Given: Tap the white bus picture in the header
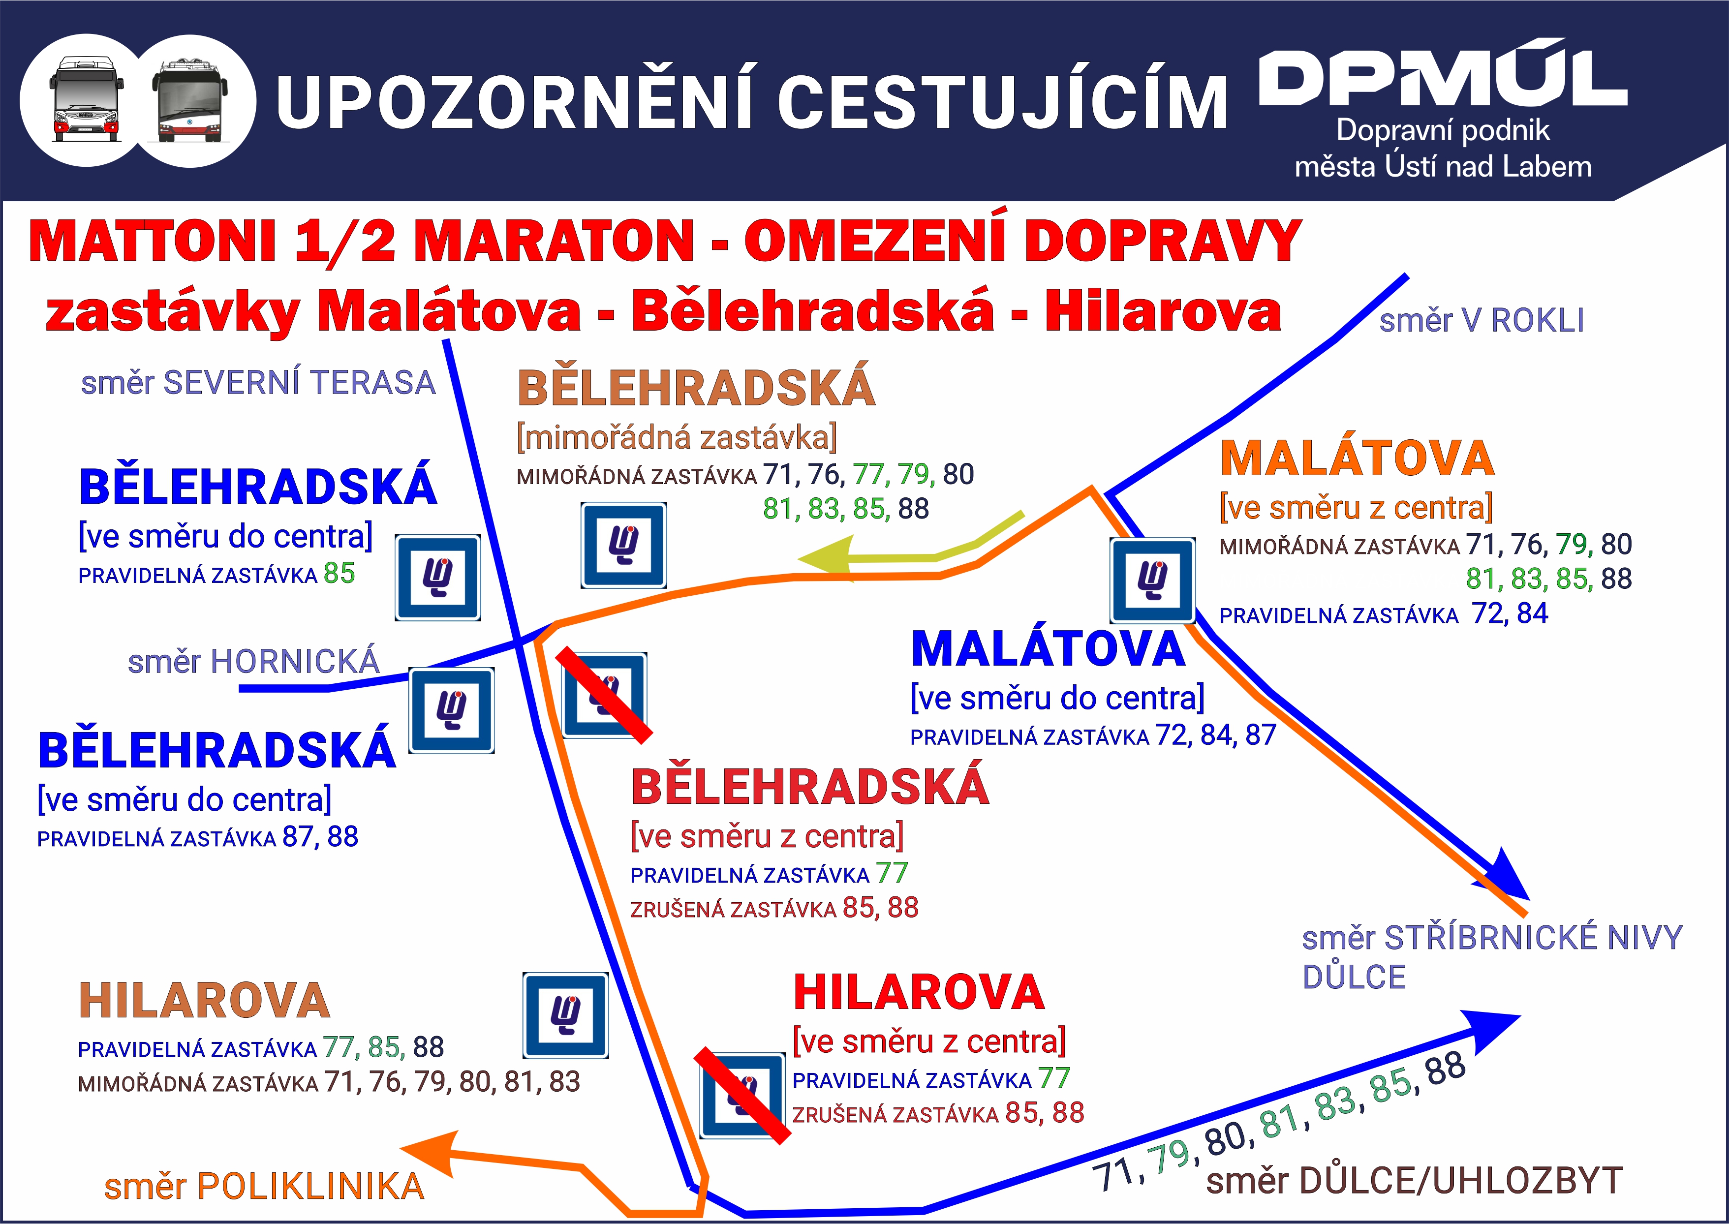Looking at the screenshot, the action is pyautogui.click(x=87, y=99).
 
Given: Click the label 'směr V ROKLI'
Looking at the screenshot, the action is pyautogui.click(x=1481, y=320).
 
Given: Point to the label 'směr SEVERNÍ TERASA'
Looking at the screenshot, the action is pyautogui.click(x=258, y=382).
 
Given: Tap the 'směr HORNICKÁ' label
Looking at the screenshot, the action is pyautogui.click(x=253, y=661).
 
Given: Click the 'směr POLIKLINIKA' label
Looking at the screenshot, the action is pyautogui.click(x=264, y=1186).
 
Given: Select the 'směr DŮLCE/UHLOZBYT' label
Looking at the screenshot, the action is pyautogui.click(x=1414, y=1180).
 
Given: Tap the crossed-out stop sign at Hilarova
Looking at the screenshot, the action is pyautogui.click(x=742, y=1095).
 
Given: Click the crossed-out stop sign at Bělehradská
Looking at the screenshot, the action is pyautogui.click(x=605, y=695).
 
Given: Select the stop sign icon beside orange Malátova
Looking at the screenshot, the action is pyautogui.click(x=1152, y=581).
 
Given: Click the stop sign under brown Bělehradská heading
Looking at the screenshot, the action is pyautogui.click(x=623, y=546).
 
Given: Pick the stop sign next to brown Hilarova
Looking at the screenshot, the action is pyautogui.click(x=565, y=1015).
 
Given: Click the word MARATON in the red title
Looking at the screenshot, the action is pyautogui.click(x=554, y=241).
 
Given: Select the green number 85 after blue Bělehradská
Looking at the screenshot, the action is pyautogui.click(x=339, y=574).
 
